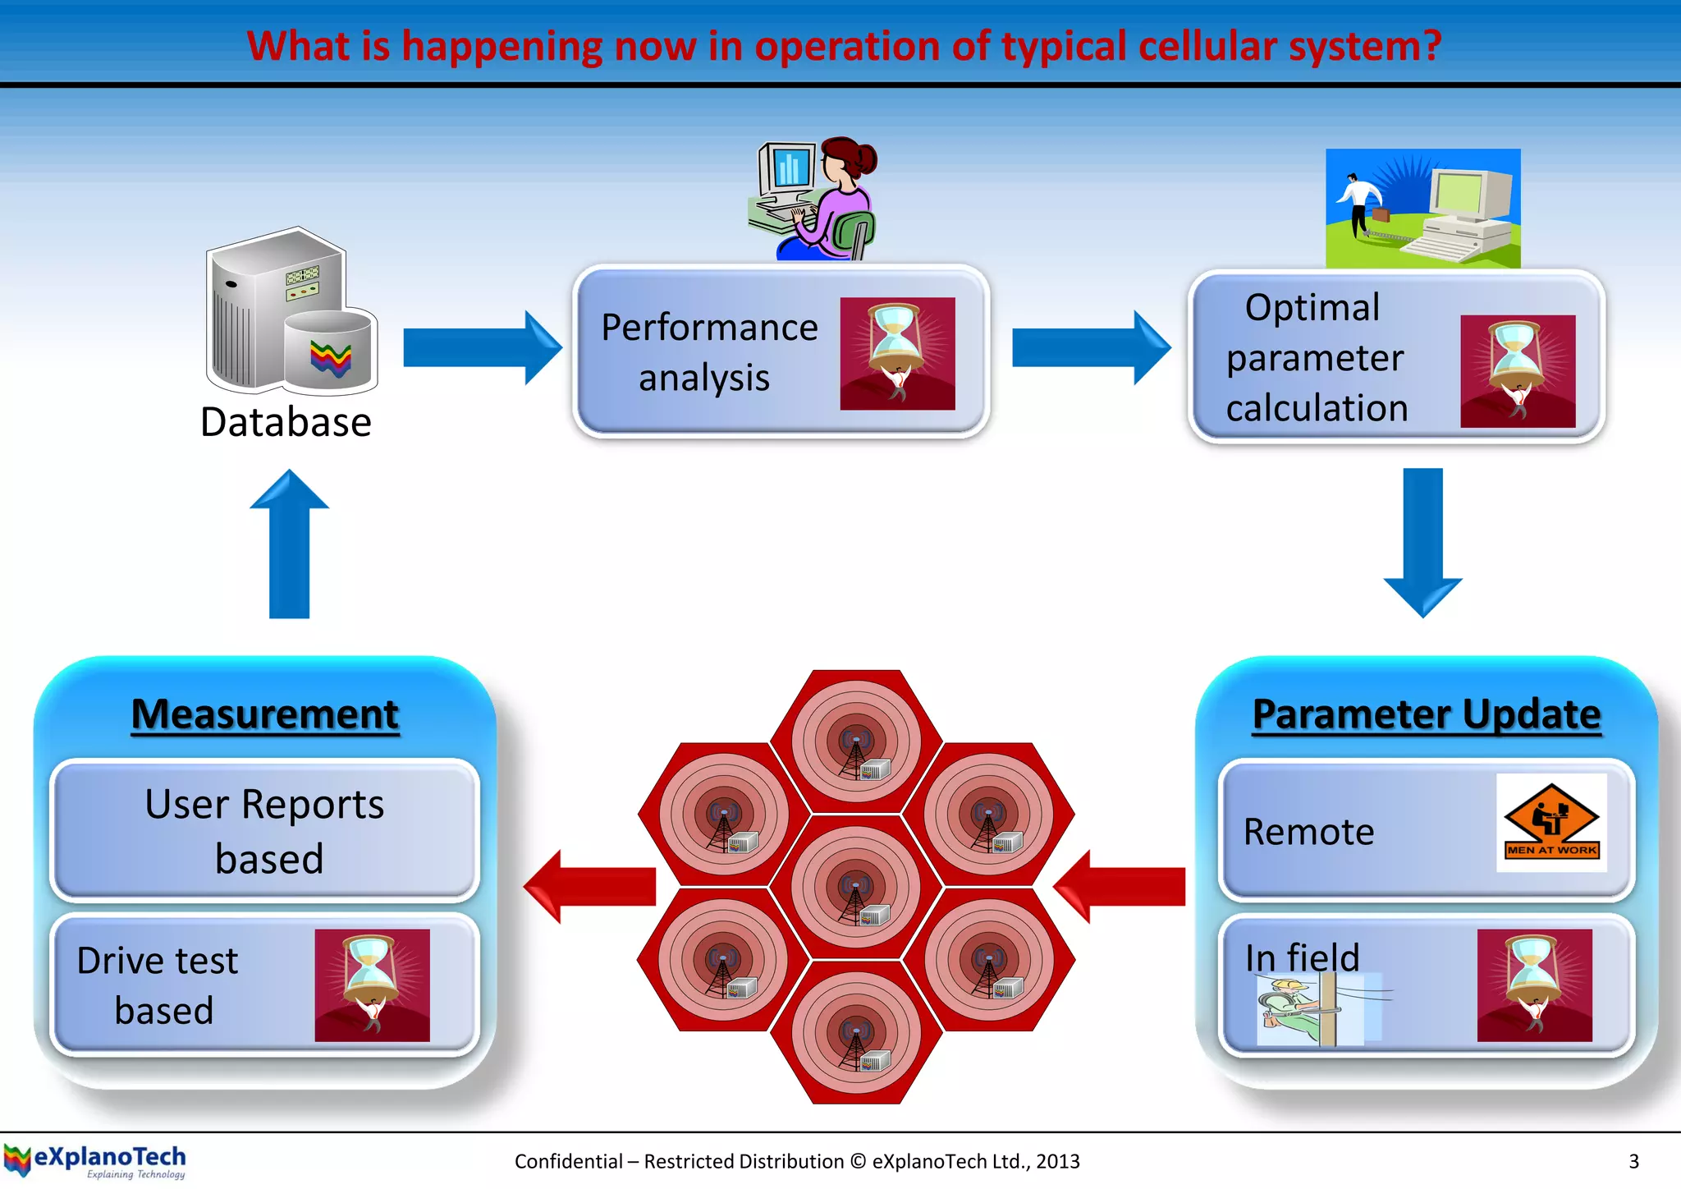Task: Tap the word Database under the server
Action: (x=286, y=423)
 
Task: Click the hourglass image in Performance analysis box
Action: (x=897, y=353)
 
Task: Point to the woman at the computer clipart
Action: (x=814, y=200)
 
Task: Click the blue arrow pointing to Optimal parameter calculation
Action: (x=1090, y=347)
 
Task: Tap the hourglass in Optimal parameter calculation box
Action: (x=1518, y=371)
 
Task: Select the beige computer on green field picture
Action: (x=1422, y=209)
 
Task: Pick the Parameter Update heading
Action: (x=1427, y=714)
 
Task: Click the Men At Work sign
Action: (x=1550, y=823)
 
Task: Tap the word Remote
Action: (x=1308, y=832)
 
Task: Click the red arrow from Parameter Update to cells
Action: (x=1120, y=887)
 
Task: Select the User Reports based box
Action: (x=264, y=830)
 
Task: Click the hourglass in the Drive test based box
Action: (x=372, y=985)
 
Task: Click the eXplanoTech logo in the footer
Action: (x=95, y=1161)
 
